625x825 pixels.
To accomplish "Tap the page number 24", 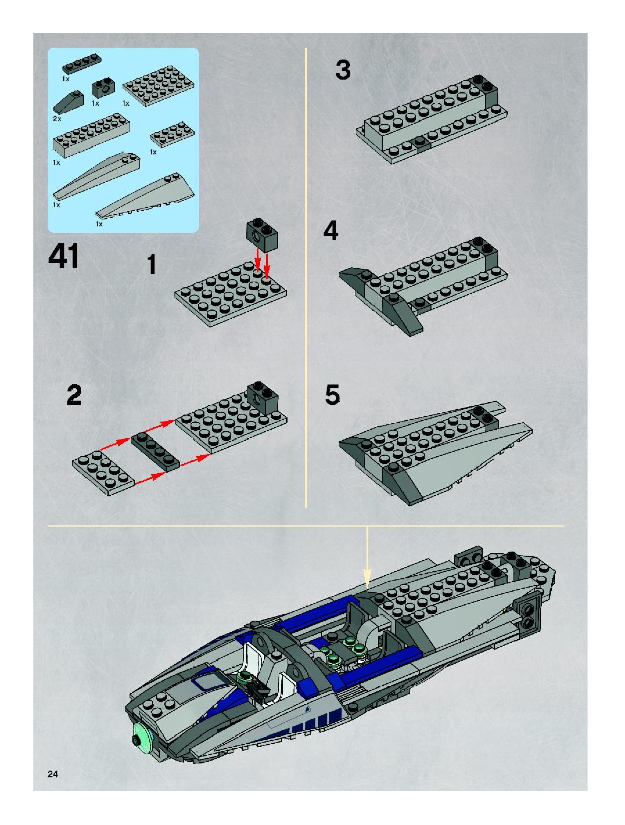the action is click(x=53, y=774).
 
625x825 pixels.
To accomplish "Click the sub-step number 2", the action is click(x=74, y=395).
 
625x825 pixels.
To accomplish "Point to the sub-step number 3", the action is click(x=343, y=70).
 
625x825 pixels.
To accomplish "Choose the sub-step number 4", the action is click(x=331, y=231).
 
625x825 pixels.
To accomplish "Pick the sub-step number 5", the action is click(x=333, y=395).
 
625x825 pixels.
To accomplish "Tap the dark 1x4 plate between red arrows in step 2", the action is click(x=155, y=451).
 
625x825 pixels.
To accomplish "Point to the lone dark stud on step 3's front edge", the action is click(x=421, y=141).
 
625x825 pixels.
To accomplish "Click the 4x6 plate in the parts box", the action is click(x=158, y=86).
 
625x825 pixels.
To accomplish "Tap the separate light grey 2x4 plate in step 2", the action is click(x=103, y=473).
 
